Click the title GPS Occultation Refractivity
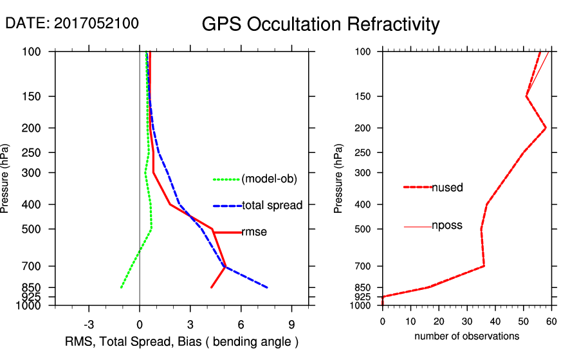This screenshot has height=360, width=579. click(x=320, y=24)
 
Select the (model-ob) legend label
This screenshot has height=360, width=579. click(x=269, y=179)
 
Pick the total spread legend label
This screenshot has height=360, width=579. click(x=272, y=206)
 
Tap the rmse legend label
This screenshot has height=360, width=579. click(x=254, y=232)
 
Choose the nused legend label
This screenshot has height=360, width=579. click(x=447, y=188)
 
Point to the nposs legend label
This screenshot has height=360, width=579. click(x=447, y=226)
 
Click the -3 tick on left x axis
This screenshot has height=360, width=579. click(x=89, y=325)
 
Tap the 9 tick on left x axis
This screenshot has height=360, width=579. click(x=291, y=325)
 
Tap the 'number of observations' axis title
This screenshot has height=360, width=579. click(x=466, y=336)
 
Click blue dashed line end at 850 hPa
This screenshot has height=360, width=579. click(x=267, y=287)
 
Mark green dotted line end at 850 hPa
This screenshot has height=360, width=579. click(x=121, y=287)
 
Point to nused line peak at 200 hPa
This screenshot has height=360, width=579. click(x=546, y=128)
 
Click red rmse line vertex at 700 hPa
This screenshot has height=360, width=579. click(x=225, y=266)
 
